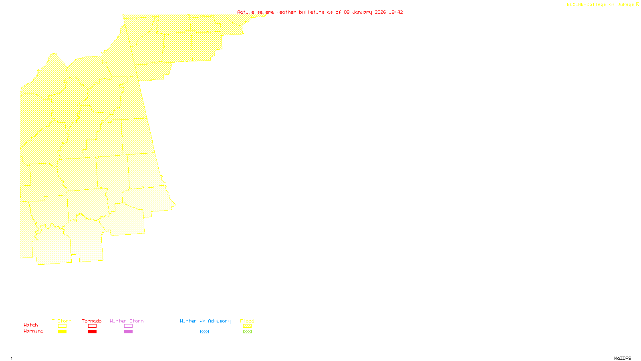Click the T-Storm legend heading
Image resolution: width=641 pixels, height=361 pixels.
[62, 321]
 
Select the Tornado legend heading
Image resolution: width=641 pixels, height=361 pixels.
[92, 321]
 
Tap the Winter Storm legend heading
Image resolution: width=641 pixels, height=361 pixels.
[127, 321]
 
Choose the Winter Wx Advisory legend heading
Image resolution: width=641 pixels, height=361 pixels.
[205, 321]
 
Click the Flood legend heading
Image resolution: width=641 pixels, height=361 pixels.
[247, 321]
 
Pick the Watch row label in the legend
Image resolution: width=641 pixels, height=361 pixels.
[31, 325]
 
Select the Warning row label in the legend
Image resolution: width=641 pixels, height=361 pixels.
[34, 331]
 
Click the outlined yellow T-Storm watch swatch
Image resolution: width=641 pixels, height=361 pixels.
[62, 326]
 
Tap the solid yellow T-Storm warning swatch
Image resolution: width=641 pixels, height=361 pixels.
[62, 332]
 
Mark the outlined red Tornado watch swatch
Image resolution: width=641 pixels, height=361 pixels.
[92, 326]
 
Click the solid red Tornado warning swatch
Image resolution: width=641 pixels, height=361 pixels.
[92, 332]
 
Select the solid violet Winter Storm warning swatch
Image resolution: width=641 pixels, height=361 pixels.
[128, 332]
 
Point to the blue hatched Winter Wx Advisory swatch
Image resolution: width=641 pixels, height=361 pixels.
[204, 332]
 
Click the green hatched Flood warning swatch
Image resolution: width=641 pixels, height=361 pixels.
[247, 332]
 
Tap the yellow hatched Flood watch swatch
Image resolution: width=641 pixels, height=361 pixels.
[247, 326]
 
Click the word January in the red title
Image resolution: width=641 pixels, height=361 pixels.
[362, 12]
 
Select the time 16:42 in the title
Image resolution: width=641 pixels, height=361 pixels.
[396, 12]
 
